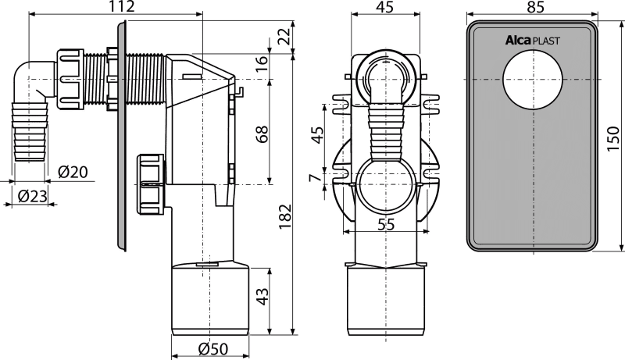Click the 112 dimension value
[121, 6]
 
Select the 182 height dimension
[285, 217]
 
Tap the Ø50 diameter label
[213, 349]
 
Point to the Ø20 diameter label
[73, 172]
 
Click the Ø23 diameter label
[33, 195]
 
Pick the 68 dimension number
[262, 134]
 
